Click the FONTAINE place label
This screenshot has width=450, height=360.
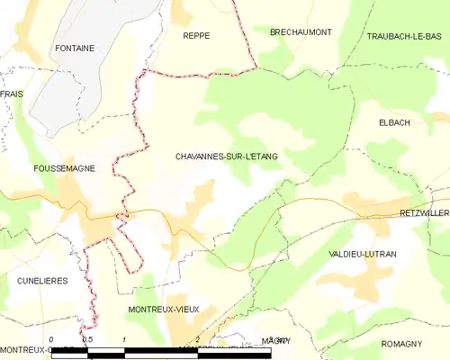pyautogui.click(x=75, y=48)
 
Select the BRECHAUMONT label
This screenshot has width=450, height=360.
pyautogui.click(x=301, y=31)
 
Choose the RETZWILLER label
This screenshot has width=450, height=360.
pyautogui.click(x=423, y=212)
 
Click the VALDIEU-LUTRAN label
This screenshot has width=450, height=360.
pyautogui.click(x=363, y=255)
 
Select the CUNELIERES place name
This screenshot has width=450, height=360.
pyautogui.click(x=42, y=281)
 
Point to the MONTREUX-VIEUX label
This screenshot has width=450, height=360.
pyautogui.click(x=164, y=309)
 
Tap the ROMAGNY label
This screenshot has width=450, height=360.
pyautogui.click(x=401, y=345)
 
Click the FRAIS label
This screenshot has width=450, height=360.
pyautogui.click(x=12, y=94)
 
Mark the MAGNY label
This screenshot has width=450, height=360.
pyautogui.click(x=276, y=340)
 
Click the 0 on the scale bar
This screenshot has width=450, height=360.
pyautogui.click(x=51, y=340)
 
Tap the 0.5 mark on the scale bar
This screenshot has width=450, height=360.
pyautogui.click(x=87, y=340)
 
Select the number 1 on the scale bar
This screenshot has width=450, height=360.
pyautogui.click(x=124, y=340)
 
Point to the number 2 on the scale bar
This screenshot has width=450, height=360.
pyautogui.click(x=197, y=340)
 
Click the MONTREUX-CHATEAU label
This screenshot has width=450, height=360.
pyautogui.click(x=36, y=349)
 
